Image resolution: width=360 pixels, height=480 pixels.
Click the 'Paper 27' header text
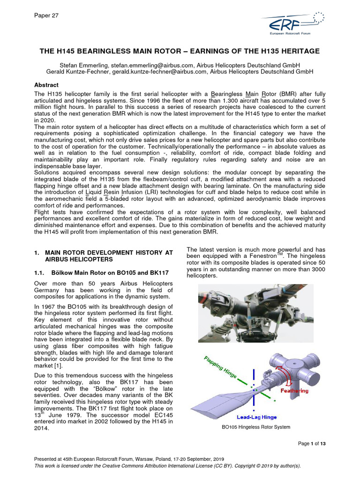[46, 15]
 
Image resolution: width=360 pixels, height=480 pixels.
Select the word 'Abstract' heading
[46, 85]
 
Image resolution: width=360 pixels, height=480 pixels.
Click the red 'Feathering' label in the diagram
[294, 390]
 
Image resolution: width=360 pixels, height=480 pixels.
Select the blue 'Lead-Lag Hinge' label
[256, 417]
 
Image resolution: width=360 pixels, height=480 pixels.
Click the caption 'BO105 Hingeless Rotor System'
[256, 427]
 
